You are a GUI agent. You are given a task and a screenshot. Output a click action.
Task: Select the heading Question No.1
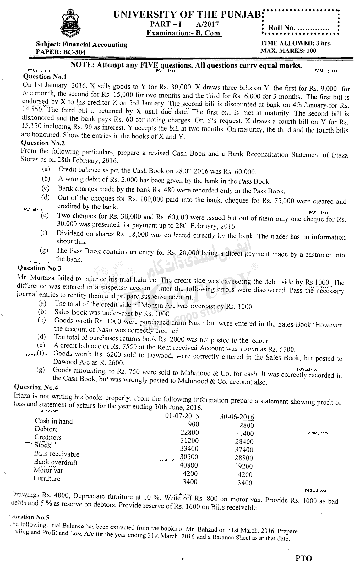pos(45,77)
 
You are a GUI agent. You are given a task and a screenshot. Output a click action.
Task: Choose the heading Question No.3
pos(39,268)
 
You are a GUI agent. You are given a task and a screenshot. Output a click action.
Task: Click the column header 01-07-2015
pos(182,416)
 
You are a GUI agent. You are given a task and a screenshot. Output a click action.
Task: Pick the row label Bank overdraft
pos(56,462)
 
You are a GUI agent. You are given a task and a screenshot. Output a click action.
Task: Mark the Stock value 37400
pos(244,450)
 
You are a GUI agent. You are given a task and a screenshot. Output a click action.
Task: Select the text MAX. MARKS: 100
pos(288,51)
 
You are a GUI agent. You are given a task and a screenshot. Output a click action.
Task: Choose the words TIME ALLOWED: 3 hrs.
pos(296,43)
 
